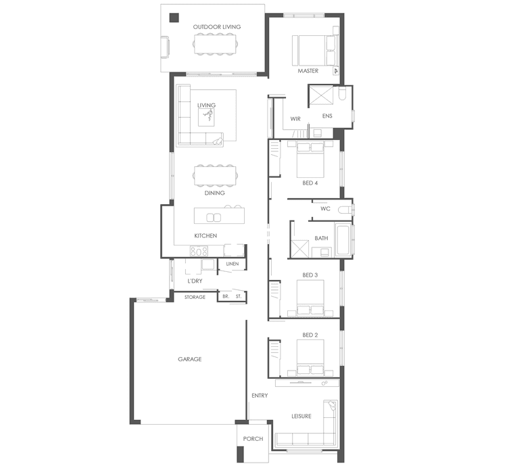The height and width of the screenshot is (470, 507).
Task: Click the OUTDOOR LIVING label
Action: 216,27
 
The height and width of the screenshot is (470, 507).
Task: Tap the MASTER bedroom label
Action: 308,70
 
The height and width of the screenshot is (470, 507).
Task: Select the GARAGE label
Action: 190,359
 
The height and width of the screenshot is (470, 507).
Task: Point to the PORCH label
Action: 253,439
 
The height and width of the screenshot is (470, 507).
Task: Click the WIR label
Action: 295,119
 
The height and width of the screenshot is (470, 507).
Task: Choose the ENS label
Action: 327,116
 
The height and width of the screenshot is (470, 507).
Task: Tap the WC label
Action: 325,209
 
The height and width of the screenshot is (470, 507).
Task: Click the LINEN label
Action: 233,264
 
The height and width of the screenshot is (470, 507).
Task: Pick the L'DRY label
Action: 195,281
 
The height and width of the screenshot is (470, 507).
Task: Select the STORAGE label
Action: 195,297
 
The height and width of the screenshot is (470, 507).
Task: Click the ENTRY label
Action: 260,396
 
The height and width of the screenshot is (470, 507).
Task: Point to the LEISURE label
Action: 301,416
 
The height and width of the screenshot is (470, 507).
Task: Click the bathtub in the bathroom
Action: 342,241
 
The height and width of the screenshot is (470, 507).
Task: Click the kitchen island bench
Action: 217,216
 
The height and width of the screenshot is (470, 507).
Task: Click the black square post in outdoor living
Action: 174,18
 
